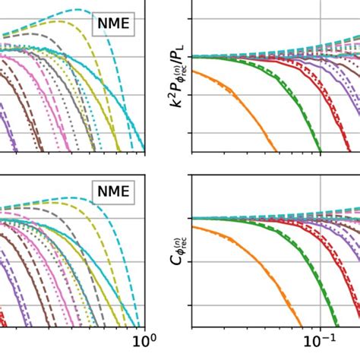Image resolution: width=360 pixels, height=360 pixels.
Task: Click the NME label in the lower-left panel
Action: tap(112, 189)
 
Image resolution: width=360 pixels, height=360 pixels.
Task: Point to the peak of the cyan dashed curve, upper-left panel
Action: tap(76, 11)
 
